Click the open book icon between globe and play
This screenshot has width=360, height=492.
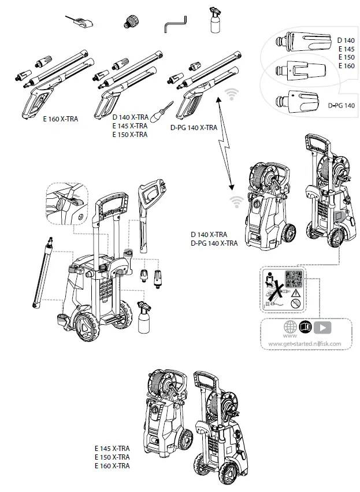click(305, 327)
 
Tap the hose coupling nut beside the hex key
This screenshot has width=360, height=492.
click(129, 23)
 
